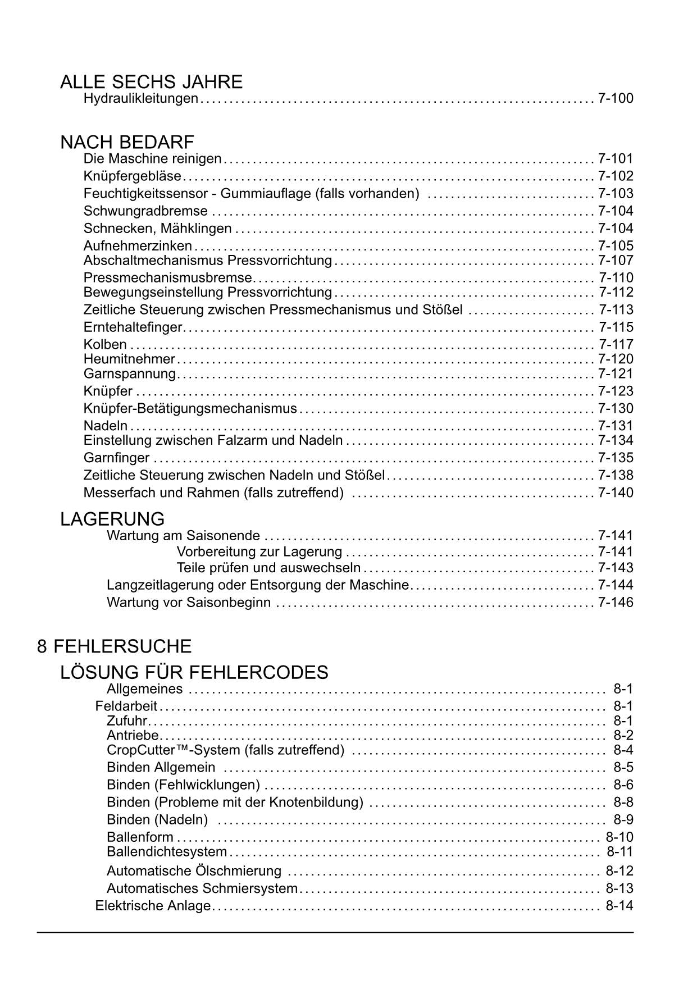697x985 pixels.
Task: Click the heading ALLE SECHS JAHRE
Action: coord(151,82)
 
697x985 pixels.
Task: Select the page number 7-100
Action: coord(616,99)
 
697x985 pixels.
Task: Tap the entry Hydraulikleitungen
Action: coord(140,99)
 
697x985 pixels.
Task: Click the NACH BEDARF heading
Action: coord(127,142)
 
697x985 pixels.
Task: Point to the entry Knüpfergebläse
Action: coord(132,176)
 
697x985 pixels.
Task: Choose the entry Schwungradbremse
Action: coord(145,211)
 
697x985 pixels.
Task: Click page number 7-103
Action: coord(616,194)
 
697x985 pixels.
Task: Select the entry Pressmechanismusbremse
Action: coord(168,278)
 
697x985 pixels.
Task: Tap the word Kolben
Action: coord(105,345)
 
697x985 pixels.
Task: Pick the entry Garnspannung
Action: coord(129,374)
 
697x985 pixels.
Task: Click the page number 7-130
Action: coord(616,409)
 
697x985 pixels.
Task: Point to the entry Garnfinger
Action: coord(116,458)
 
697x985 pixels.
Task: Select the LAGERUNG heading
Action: coord(112,519)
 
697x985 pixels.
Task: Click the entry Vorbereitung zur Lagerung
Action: coord(259,552)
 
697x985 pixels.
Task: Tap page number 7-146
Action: coord(616,603)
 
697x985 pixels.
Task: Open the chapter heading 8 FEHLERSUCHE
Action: coord(115,646)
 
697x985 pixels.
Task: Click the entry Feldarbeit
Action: coord(126,706)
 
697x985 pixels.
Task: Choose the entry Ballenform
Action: coord(140,838)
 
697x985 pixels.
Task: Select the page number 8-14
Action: coord(619,906)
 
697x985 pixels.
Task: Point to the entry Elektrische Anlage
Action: coord(153,906)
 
